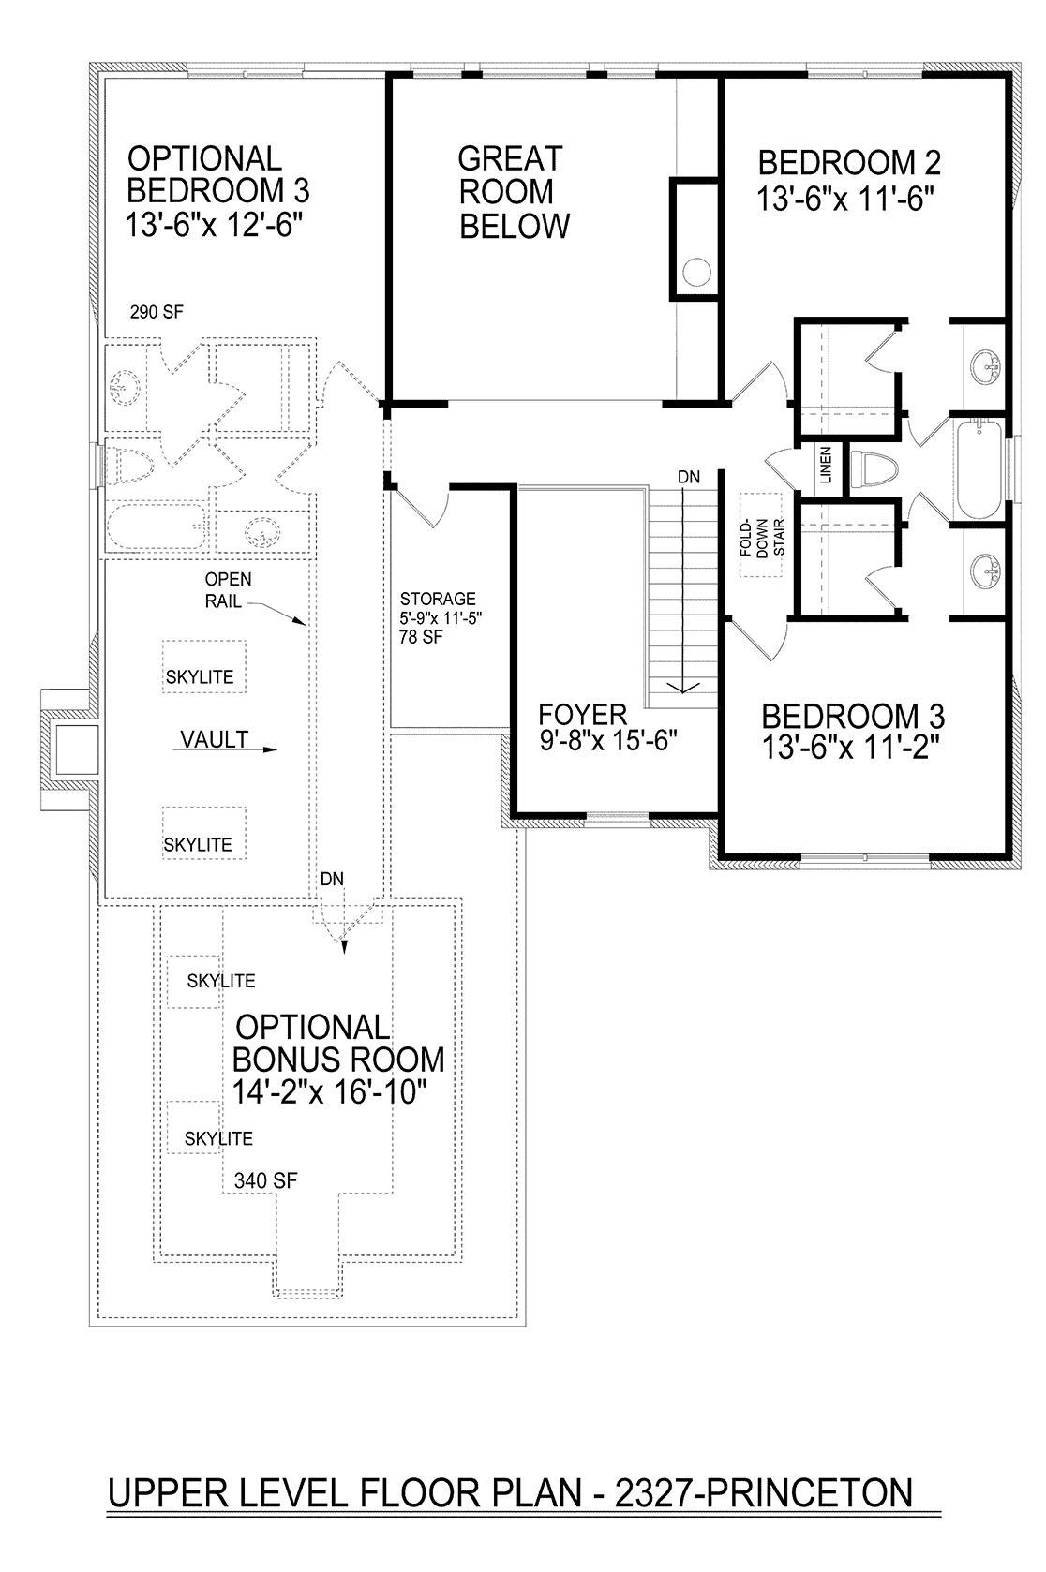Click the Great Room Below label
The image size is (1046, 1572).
click(514, 192)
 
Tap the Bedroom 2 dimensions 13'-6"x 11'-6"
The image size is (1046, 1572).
click(845, 199)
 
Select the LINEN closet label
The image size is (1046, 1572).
click(826, 465)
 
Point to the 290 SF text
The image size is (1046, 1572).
click(157, 312)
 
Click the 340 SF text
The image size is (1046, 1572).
click(265, 1180)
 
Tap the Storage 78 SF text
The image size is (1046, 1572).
click(421, 636)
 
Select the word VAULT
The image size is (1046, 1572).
click(214, 739)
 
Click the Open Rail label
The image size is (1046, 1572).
click(228, 589)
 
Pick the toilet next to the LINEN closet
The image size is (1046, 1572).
click(874, 468)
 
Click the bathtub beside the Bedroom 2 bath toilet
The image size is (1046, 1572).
click(980, 468)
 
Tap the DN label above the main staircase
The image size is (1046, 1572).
click(689, 477)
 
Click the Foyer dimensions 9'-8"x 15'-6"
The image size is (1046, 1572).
click(608, 740)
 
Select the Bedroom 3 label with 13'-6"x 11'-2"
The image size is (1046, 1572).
click(852, 732)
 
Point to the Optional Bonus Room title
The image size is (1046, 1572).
click(338, 1043)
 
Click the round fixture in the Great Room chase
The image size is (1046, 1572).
click(696, 272)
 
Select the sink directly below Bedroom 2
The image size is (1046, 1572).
click(986, 365)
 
